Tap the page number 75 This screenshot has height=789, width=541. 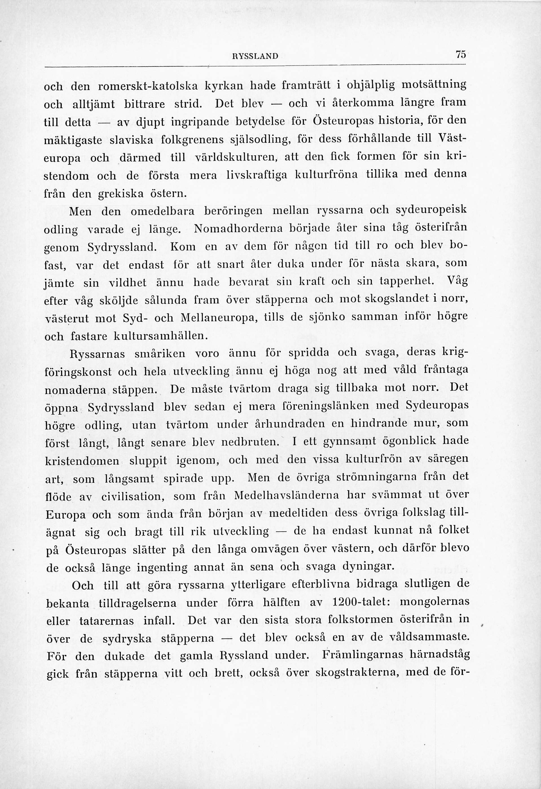[x=461, y=55]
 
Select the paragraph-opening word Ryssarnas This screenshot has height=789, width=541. [x=97, y=354]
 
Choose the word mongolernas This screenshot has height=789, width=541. [x=434, y=601]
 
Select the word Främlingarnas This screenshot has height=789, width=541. [x=362, y=654]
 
